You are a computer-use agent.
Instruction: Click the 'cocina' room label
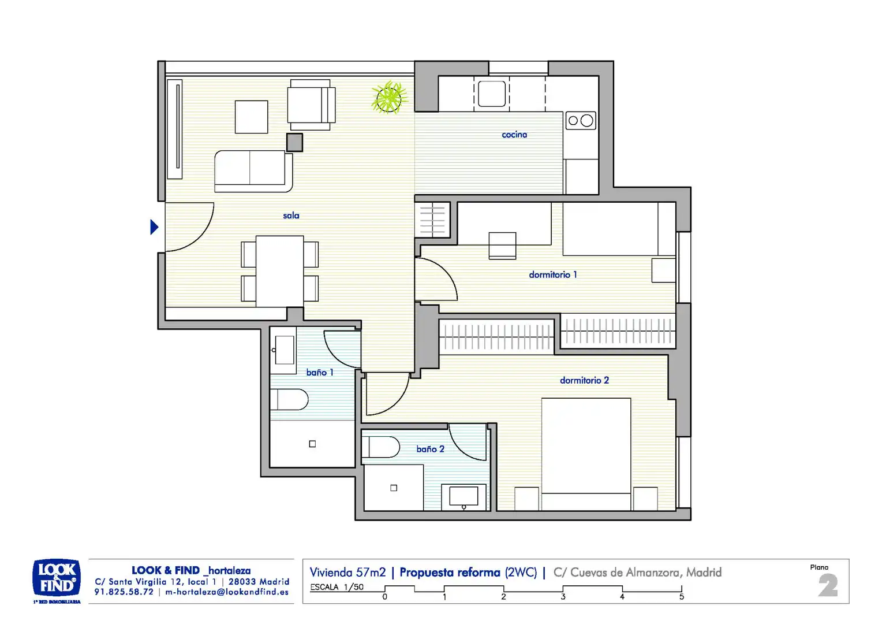point(514,135)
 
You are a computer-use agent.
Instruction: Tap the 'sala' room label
point(291,216)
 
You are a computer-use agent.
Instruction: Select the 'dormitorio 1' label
point(553,275)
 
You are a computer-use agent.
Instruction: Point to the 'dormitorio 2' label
point(584,380)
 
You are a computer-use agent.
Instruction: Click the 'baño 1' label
point(320,373)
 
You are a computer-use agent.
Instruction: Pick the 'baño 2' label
point(431,449)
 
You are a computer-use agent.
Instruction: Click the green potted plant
point(389,98)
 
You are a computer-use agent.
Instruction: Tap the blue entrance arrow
point(154,227)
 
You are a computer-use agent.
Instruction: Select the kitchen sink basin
point(492,94)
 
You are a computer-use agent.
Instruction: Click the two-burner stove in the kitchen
point(581,121)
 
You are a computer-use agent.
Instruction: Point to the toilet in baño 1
point(289,399)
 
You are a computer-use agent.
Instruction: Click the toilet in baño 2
point(381,447)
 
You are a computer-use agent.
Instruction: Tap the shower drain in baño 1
point(312,444)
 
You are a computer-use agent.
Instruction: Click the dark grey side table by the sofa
point(294,142)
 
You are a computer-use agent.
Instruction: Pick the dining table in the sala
point(279,271)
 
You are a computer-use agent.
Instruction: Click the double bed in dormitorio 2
point(586,454)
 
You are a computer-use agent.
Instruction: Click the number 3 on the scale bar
point(563,597)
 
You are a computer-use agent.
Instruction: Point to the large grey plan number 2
point(828,585)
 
